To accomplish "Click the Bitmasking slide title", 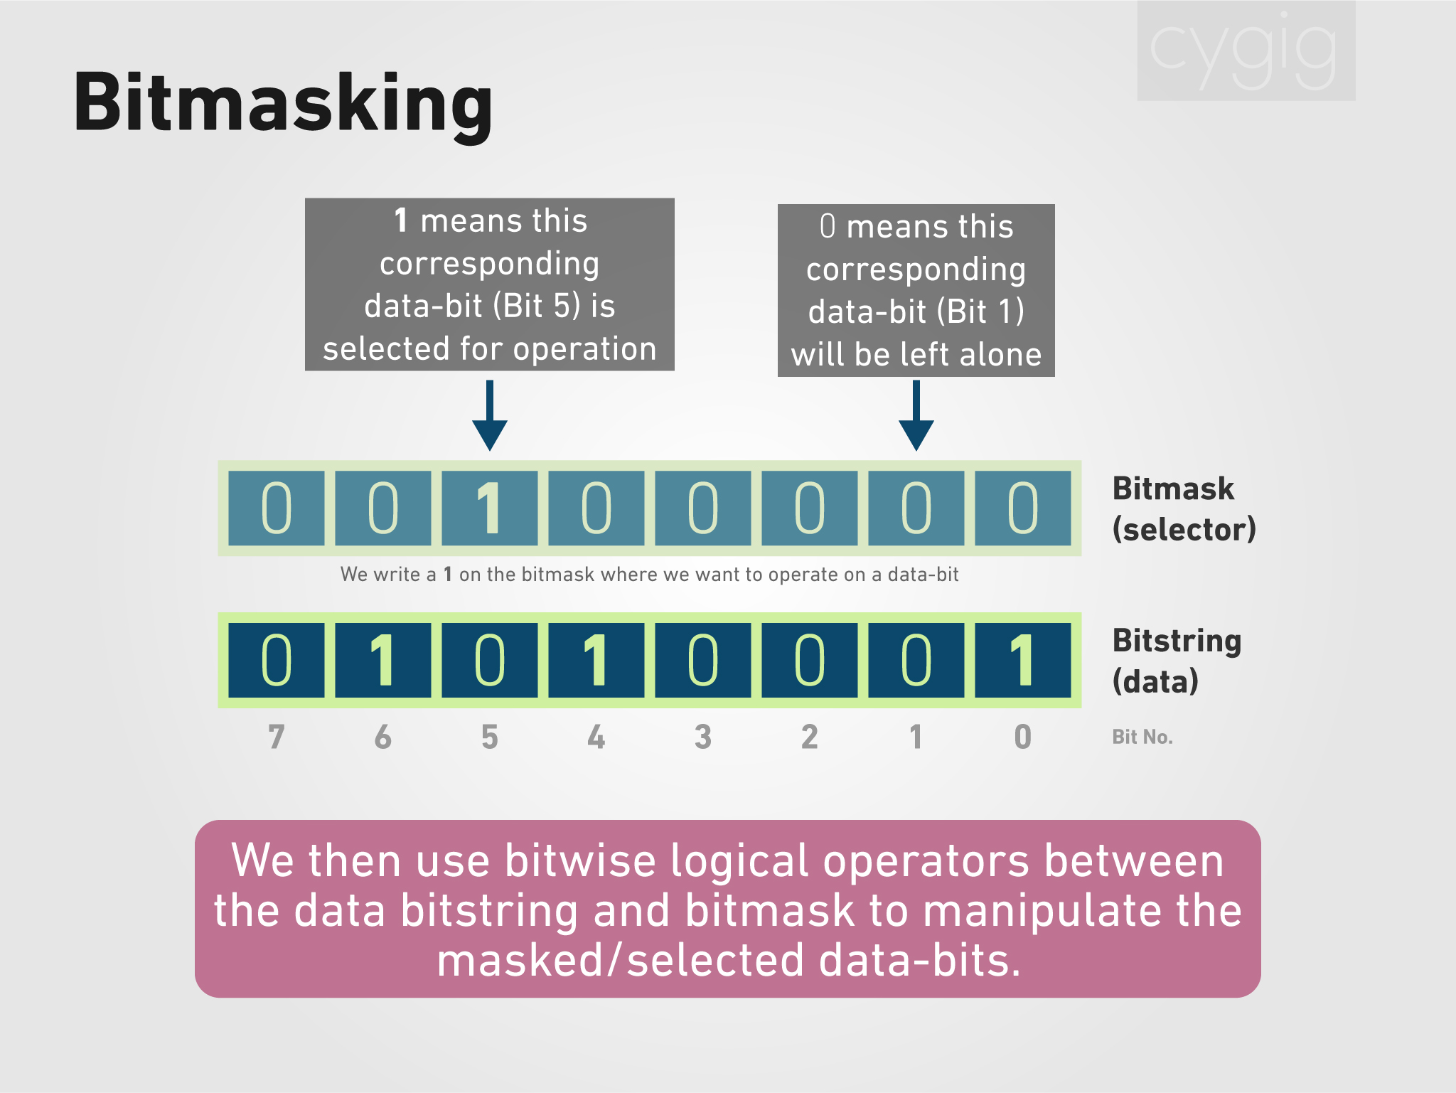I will point(283,104).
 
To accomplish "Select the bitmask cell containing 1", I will point(489,508).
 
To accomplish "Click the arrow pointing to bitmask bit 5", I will point(490,416).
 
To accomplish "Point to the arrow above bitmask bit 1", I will point(916,416).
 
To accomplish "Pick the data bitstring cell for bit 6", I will point(382,660).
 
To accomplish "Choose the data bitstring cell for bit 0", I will point(1022,660).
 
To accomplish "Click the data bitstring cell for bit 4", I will point(596,660).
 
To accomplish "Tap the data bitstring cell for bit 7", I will point(277,660).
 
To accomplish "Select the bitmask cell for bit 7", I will point(277,508).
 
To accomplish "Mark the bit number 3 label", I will point(702,737).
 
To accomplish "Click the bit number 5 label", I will point(489,737).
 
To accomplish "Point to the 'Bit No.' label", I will point(1142,737).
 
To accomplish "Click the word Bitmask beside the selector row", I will point(1173,489).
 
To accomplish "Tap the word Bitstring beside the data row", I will point(1177,641).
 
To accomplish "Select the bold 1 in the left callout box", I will point(401,220).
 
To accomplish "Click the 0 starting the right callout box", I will point(828,226).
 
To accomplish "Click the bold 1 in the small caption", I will point(448,574).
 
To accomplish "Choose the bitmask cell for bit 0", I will point(1022,508).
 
